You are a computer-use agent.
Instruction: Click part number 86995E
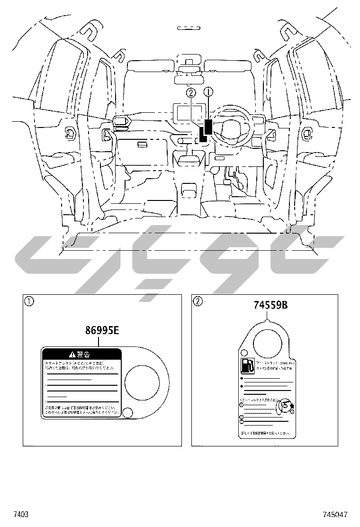(x=102, y=330)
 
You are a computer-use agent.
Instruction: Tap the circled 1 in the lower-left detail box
(x=30, y=301)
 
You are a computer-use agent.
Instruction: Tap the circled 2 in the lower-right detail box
(x=198, y=301)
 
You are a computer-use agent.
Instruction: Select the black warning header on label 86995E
(x=82, y=354)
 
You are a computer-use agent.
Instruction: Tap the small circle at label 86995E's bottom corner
(x=127, y=412)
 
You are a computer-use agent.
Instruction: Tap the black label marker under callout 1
(x=208, y=127)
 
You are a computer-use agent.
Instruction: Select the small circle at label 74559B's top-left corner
(x=244, y=353)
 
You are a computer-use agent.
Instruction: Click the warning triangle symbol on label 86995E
(x=72, y=354)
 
